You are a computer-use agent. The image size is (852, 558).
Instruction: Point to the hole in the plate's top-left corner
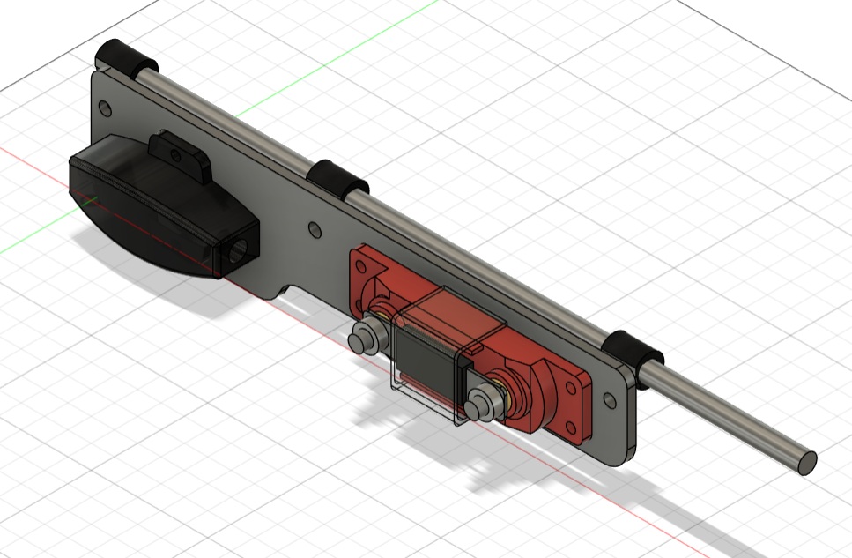pyautogui.click(x=106, y=108)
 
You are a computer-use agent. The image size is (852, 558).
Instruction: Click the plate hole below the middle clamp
pyautogui.click(x=315, y=230)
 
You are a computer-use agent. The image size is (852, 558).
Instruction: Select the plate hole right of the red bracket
pyautogui.click(x=610, y=401)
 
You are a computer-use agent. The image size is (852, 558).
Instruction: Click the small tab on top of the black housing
pyautogui.click(x=180, y=153)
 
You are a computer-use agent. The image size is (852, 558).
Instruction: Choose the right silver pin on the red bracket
pyautogui.click(x=480, y=403)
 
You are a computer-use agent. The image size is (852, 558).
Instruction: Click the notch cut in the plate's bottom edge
pyautogui.click(x=292, y=292)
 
